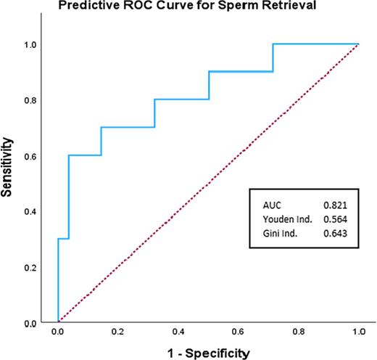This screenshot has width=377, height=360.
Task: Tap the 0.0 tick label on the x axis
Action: pyautogui.click(x=57, y=333)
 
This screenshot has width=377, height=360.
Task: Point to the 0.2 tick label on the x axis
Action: pyautogui.click(x=118, y=333)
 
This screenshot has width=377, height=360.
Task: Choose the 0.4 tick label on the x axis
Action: pyautogui.click(x=178, y=333)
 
